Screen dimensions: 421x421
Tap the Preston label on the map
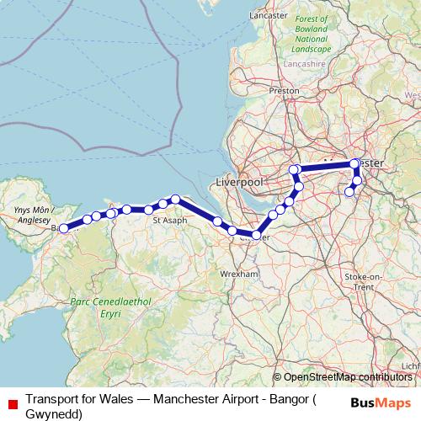tap(284, 89)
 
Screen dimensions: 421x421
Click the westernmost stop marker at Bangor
tap(63, 228)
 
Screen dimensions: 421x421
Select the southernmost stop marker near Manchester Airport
tap(349, 192)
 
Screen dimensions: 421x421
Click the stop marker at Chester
tap(256, 234)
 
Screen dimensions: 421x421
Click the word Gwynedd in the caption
tap(54, 414)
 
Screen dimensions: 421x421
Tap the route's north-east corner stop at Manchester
tap(354, 163)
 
